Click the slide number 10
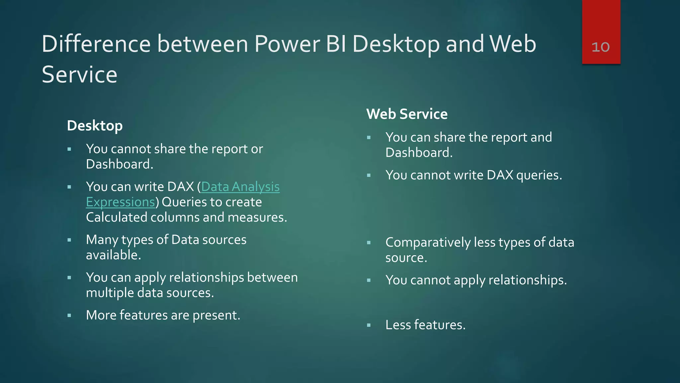[600, 47]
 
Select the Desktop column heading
[95, 126]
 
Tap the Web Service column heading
[407, 114]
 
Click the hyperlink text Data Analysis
[240, 187]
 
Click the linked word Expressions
[121, 202]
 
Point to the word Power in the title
[287, 44]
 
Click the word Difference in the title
[96, 44]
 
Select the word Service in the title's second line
[80, 74]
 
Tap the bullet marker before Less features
[369, 325]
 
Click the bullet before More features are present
[69, 316]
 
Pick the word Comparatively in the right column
[428, 242]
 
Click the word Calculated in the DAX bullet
[116, 217]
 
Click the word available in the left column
[113, 255]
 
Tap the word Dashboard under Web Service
[419, 153]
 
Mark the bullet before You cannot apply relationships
[369, 281]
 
